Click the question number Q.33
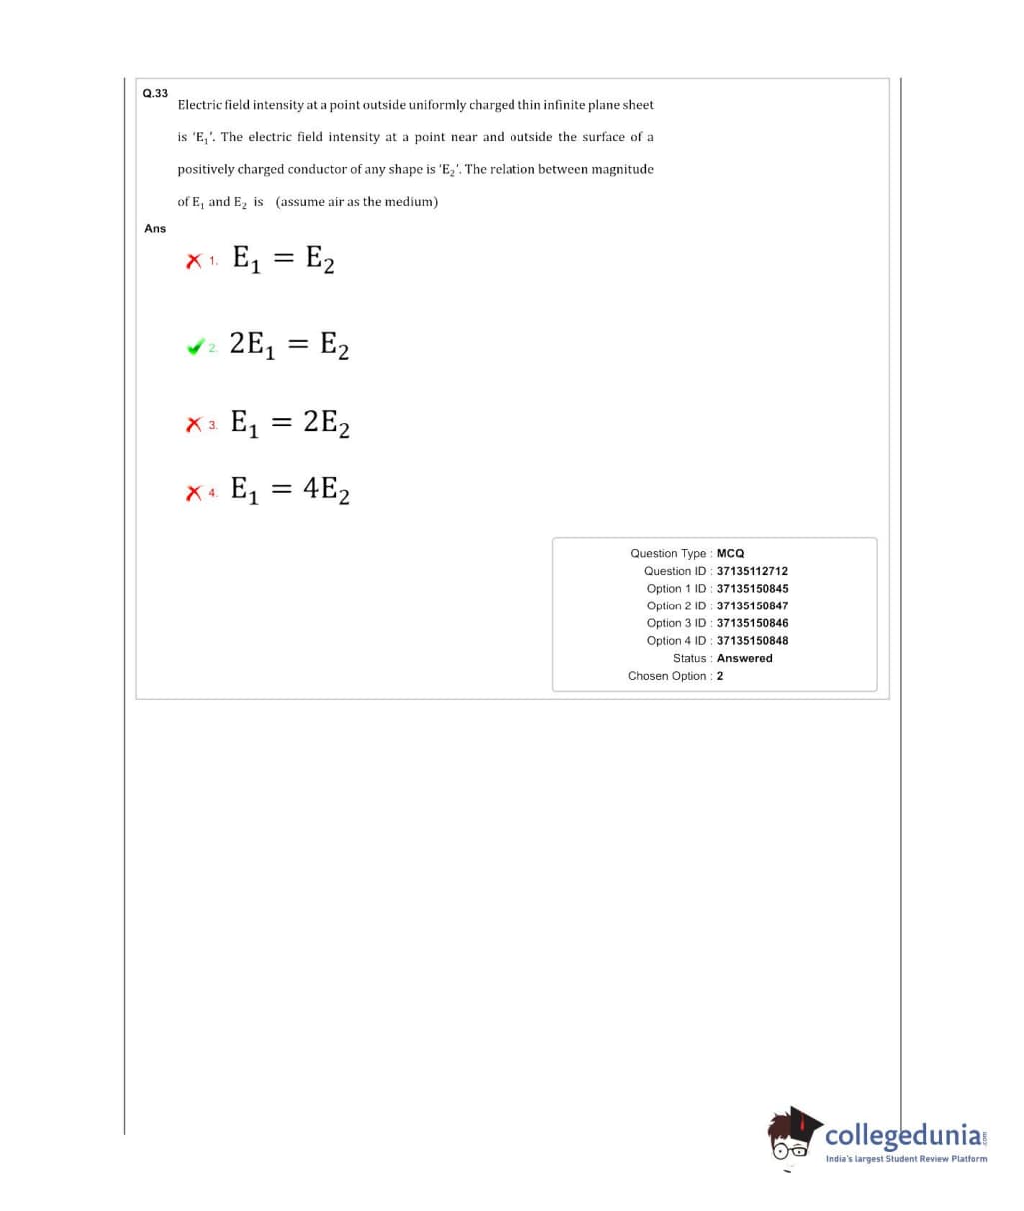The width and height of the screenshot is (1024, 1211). (x=155, y=93)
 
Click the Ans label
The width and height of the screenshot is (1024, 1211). (x=155, y=229)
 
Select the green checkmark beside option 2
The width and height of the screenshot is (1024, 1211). (x=194, y=347)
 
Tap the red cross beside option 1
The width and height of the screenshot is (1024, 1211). (x=192, y=261)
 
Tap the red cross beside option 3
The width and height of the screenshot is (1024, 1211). (x=193, y=425)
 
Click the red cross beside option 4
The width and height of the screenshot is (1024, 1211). (x=193, y=491)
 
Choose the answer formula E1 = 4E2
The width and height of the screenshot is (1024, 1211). (x=290, y=490)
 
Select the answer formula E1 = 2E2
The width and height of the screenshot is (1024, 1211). (x=290, y=424)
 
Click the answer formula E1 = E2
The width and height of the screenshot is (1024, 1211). (x=283, y=260)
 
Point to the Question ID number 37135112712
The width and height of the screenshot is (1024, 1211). (x=752, y=571)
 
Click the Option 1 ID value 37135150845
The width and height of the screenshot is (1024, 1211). (x=752, y=589)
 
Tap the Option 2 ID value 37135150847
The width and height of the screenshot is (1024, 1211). (x=752, y=605)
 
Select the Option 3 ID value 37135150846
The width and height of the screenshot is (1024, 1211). (x=752, y=623)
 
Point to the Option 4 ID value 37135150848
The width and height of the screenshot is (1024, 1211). (x=752, y=641)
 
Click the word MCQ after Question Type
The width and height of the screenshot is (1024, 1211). (x=730, y=553)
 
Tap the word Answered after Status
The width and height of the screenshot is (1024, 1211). (x=744, y=658)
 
